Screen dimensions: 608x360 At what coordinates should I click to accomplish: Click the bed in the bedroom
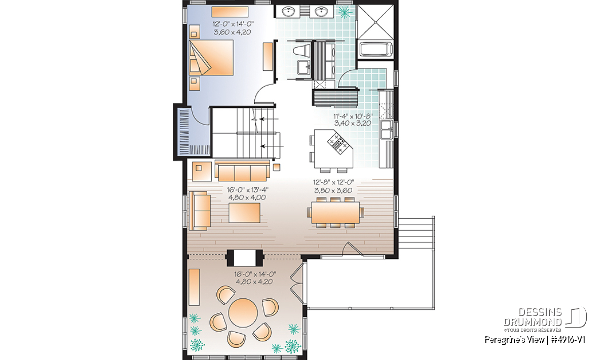[x=211, y=58]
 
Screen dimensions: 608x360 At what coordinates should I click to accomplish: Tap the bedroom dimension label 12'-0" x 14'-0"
[x=233, y=24]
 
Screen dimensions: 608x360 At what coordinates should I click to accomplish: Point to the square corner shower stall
[x=375, y=22]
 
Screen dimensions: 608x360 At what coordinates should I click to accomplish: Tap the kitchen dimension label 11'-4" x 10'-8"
[x=353, y=116]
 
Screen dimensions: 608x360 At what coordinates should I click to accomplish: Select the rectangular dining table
[x=335, y=213]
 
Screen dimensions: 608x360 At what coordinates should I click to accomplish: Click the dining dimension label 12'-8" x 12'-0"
[x=333, y=182]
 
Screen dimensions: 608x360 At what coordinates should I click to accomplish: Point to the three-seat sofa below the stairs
[x=242, y=171]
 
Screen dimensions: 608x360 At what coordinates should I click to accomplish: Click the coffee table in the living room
[x=244, y=213]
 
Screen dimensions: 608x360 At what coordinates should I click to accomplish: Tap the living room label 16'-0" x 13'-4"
[x=248, y=190]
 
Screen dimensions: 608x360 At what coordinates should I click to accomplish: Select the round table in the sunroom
[x=243, y=313]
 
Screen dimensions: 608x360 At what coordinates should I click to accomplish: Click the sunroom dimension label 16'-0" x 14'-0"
[x=255, y=274]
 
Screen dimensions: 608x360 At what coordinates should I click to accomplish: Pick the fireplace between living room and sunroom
[x=245, y=258]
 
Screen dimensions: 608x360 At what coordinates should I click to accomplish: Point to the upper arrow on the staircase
[x=269, y=119]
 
